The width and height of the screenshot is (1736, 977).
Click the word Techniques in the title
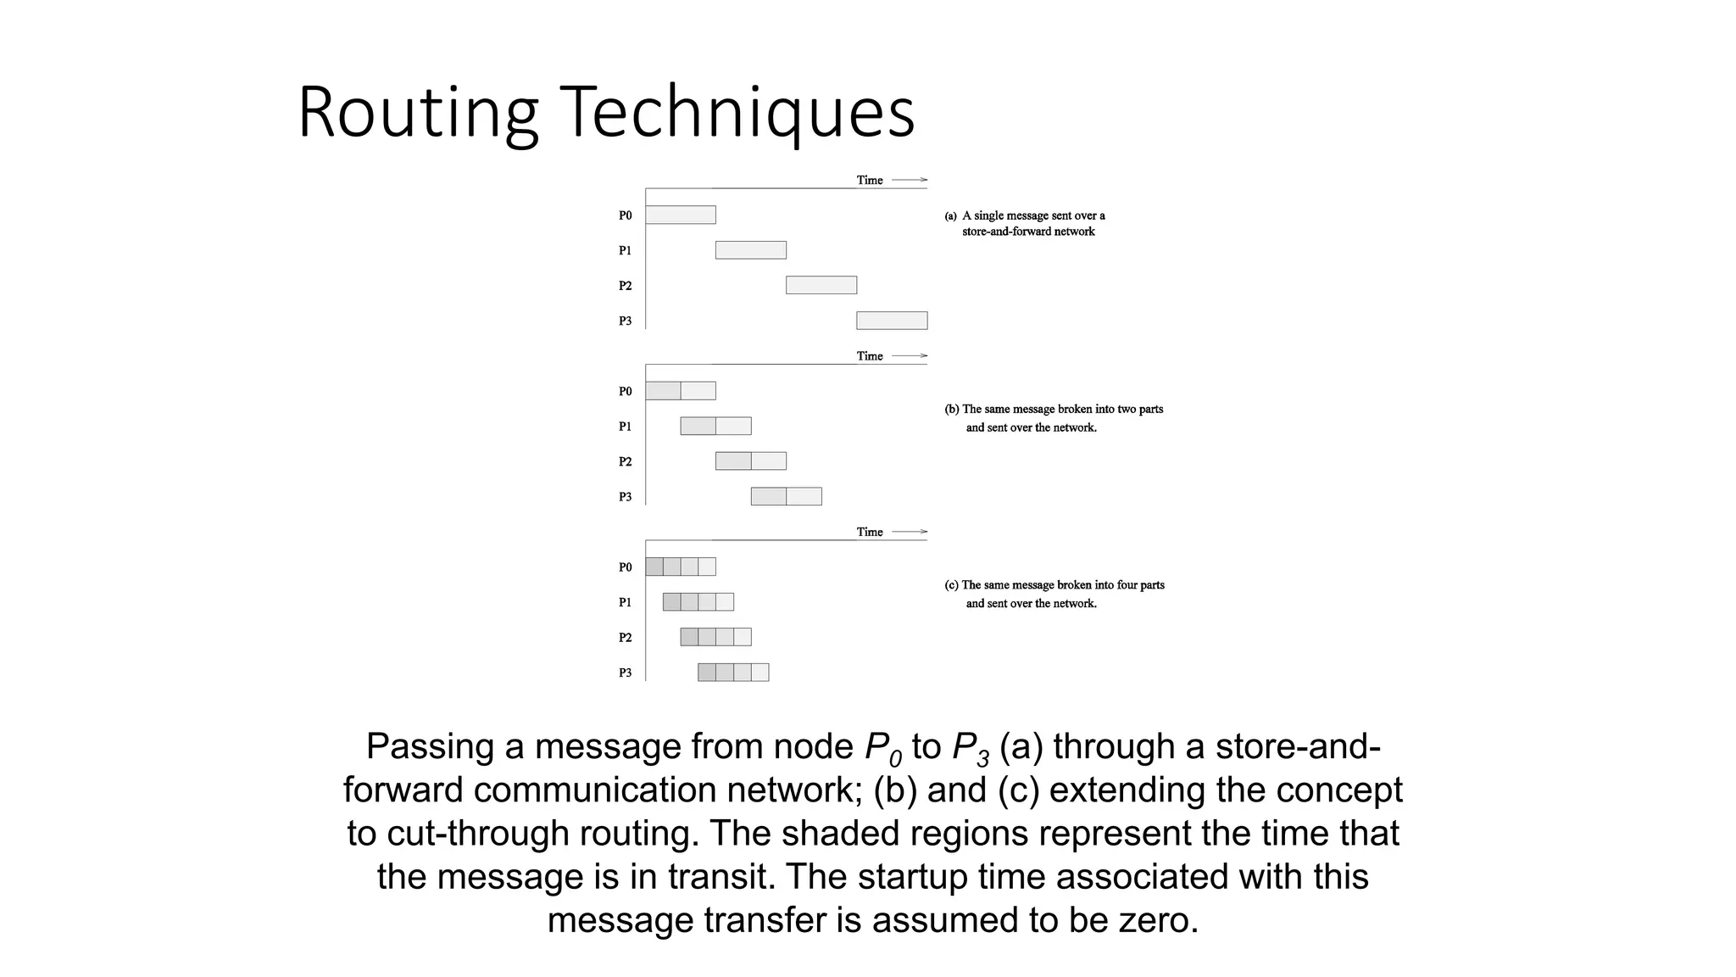(x=737, y=113)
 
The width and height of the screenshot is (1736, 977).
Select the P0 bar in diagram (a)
(x=681, y=215)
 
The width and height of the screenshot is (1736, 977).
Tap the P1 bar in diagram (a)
(x=751, y=250)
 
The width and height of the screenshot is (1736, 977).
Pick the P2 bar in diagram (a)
(x=821, y=285)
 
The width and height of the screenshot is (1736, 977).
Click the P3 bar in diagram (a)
(x=892, y=321)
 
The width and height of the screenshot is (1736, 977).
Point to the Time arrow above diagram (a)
(x=910, y=180)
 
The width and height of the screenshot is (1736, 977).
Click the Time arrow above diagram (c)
(x=910, y=532)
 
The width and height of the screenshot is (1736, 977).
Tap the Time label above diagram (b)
(x=870, y=356)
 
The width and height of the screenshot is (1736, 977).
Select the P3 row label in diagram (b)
(x=625, y=497)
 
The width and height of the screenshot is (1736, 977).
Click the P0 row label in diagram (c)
(x=625, y=567)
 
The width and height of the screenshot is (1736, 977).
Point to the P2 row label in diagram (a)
(x=625, y=286)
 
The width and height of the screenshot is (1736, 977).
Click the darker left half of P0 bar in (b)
(x=663, y=391)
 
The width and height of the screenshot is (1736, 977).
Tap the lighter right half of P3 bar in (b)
(x=804, y=496)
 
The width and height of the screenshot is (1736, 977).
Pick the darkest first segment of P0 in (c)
(x=654, y=567)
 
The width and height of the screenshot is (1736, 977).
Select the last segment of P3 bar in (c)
(x=760, y=673)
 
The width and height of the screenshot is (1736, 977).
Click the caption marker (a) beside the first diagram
(x=951, y=216)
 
